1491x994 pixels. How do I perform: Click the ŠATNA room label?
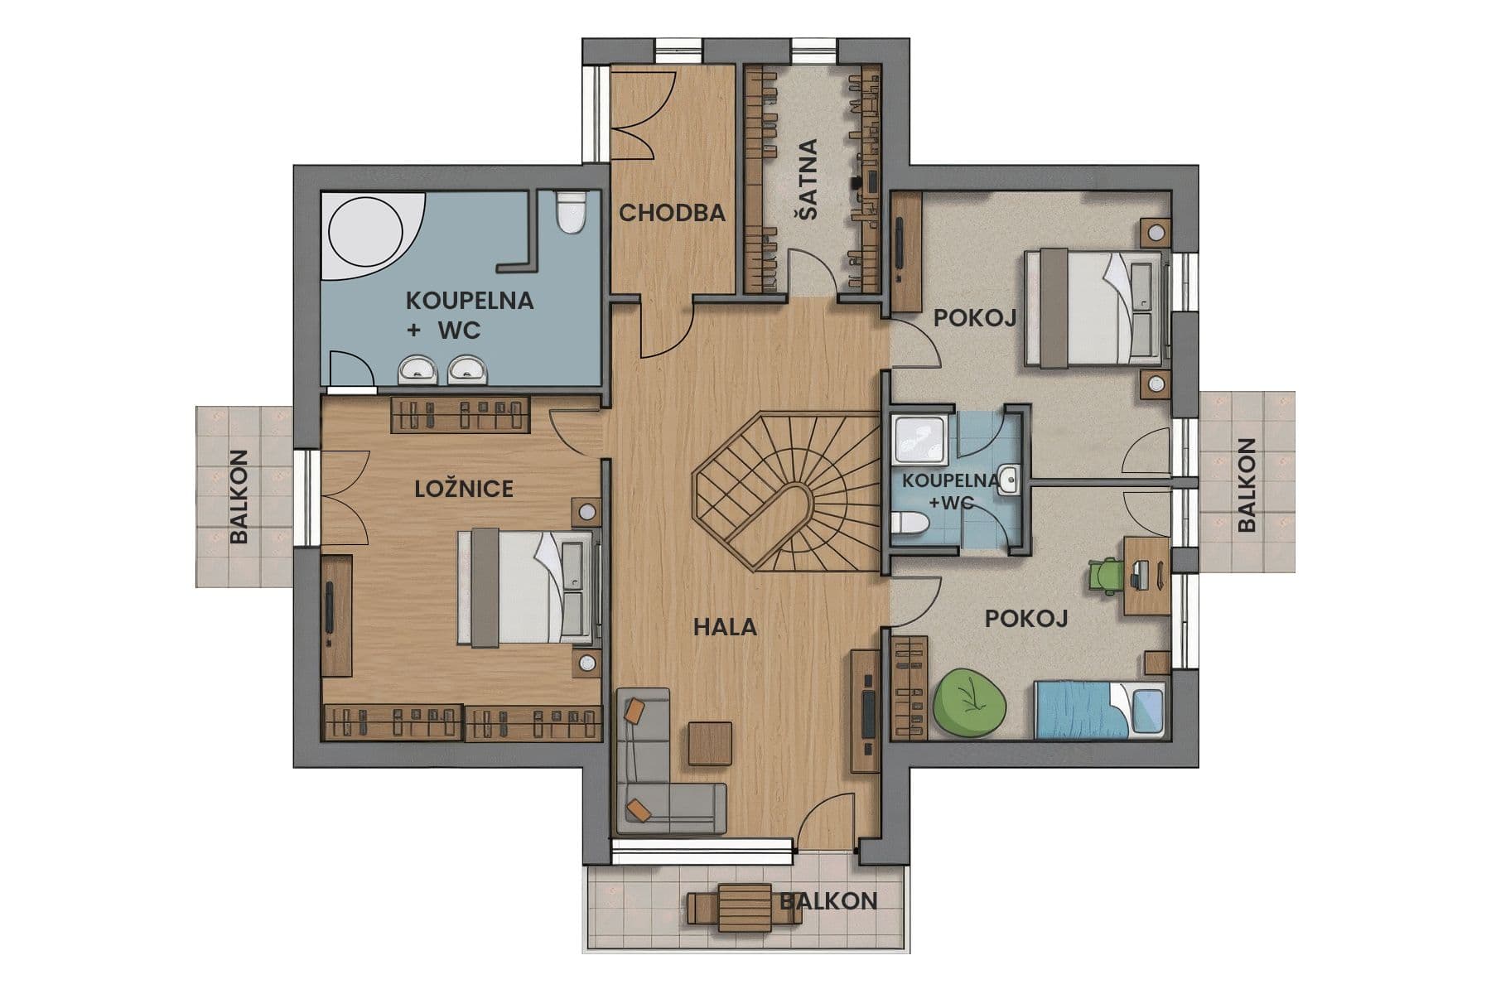click(x=807, y=180)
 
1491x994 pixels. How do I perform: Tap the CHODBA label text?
click(x=672, y=213)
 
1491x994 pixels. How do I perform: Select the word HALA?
click(x=725, y=627)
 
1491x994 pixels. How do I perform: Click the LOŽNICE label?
click(x=464, y=489)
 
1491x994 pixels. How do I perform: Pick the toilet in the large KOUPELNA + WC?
click(x=570, y=212)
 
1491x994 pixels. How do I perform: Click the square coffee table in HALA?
click(x=710, y=744)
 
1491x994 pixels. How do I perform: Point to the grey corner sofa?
click(x=654, y=787)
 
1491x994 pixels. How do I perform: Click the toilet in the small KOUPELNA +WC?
click(x=910, y=524)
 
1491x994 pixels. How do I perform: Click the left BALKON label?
click(x=239, y=497)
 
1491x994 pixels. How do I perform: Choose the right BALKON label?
click(x=1247, y=485)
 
